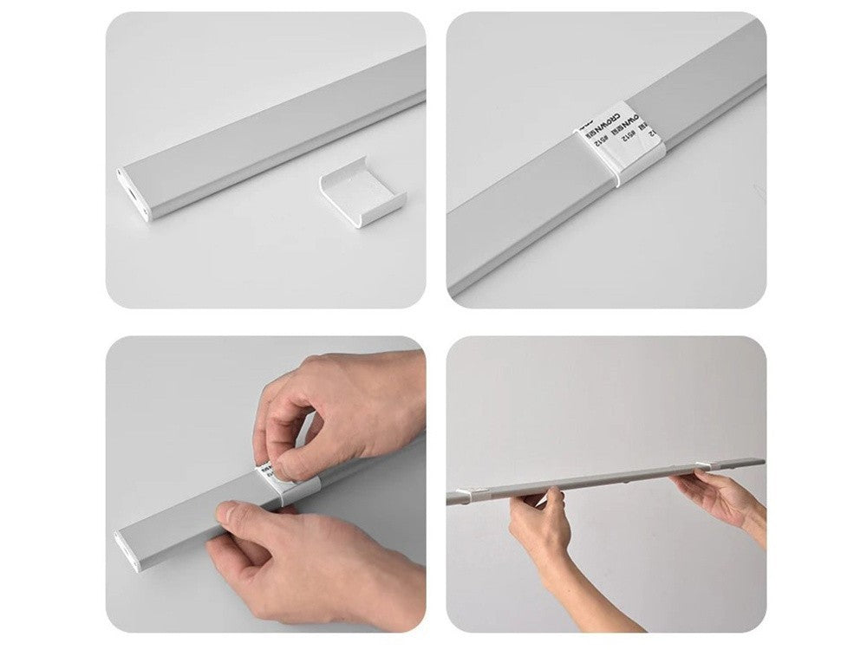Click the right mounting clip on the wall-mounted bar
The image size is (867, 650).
pos(699,468)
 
